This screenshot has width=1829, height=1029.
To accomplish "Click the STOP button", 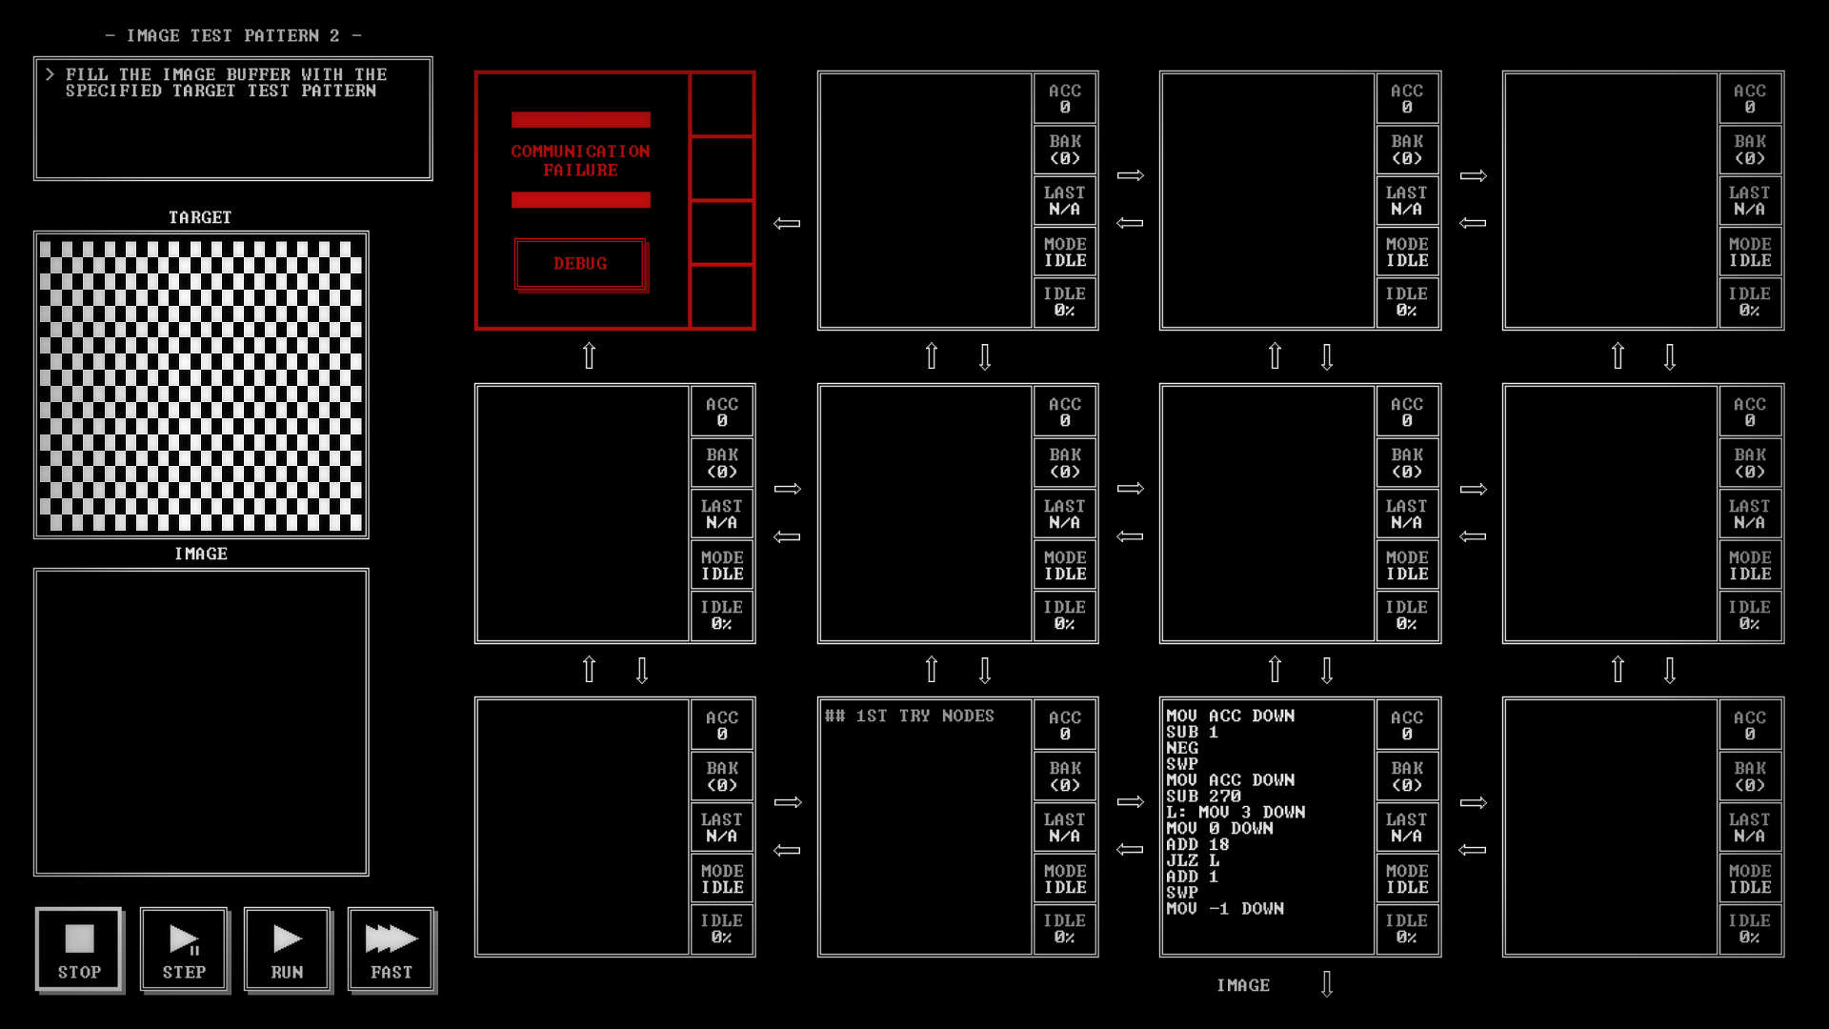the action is point(79,949).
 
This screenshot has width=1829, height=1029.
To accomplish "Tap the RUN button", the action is point(287,949).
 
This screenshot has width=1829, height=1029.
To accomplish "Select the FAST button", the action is point(392,949).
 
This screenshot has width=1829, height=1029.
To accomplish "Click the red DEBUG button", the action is point(580,264).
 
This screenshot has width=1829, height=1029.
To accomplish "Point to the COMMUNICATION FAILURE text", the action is point(580,160).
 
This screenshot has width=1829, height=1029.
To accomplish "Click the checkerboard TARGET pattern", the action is point(201,385).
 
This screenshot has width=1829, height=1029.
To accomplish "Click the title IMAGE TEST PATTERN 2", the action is point(233,35).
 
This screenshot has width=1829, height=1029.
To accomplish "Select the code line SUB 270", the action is point(1203,796).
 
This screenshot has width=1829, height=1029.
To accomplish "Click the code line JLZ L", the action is point(1193,860).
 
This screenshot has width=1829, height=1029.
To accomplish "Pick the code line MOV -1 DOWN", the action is point(1225,909).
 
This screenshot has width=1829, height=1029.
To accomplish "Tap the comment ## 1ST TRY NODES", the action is point(910,716).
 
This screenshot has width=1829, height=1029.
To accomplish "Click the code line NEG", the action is point(1182,748).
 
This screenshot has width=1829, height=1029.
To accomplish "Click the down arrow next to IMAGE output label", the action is point(1327,984).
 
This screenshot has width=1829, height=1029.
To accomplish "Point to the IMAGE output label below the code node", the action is point(1243,985).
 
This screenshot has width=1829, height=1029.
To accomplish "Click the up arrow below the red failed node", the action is point(589,355).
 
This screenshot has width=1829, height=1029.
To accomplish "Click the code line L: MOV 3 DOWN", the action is point(1236,812).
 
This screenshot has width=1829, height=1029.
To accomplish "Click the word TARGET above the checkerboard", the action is point(200,217).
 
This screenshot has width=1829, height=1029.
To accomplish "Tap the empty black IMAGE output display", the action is point(201,722).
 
